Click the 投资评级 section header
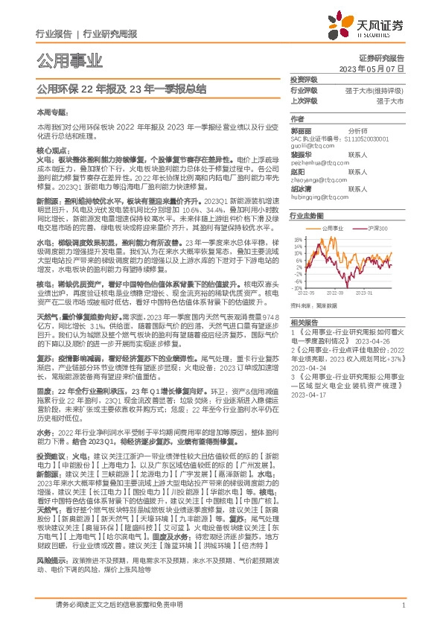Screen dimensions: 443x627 (304, 79)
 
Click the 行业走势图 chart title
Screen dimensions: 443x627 (307, 214)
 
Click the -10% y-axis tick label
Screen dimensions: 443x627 (298, 287)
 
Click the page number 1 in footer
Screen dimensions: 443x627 (402, 607)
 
